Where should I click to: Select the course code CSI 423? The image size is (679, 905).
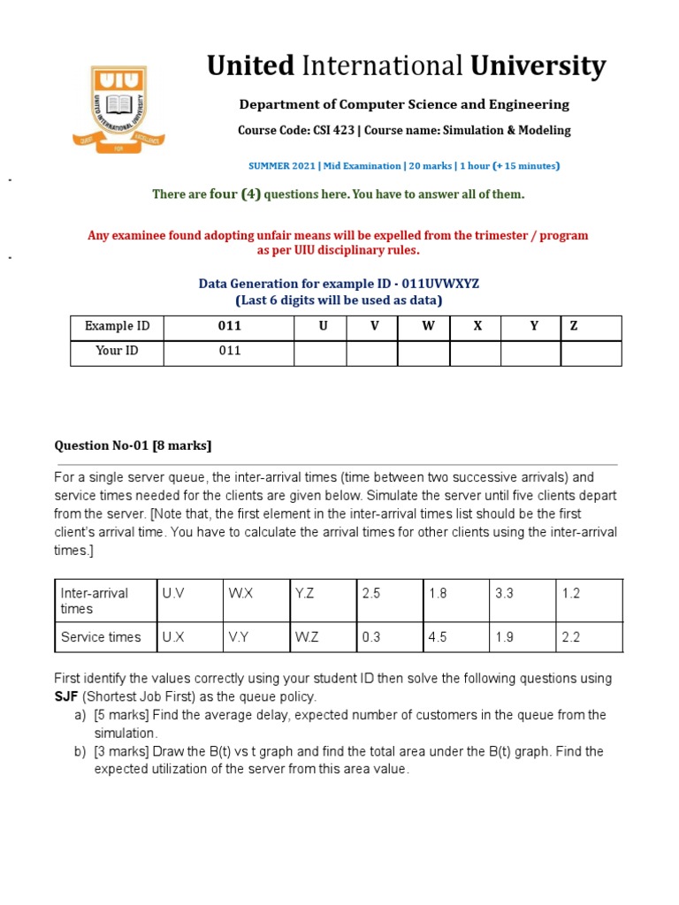[332, 131]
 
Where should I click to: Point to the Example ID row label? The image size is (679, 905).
[117, 326]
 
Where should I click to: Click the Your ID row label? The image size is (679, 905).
[117, 351]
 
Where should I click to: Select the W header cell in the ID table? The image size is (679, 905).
[428, 326]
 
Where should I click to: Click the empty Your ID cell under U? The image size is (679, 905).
[320, 353]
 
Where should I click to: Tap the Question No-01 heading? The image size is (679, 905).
[134, 445]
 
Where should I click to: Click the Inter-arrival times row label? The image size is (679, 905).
[95, 601]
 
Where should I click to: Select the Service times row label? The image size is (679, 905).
[100, 637]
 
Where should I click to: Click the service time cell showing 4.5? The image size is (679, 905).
[438, 637]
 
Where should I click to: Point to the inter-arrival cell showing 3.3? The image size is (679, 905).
[504, 594]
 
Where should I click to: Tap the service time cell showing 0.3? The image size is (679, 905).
[372, 637]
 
